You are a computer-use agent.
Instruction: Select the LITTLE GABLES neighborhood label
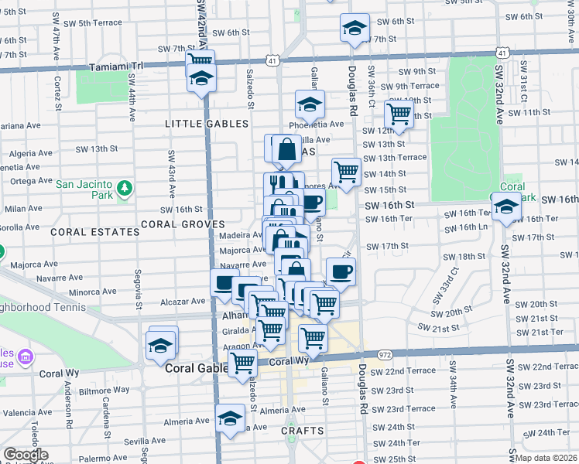pyautogui.click(x=207, y=124)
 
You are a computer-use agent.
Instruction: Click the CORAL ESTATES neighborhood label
pyautogui.click(x=84, y=231)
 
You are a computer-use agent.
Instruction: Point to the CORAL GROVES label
pyautogui.click(x=176, y=224)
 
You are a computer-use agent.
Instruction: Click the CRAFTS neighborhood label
pyautogui.click(x=301, y=429)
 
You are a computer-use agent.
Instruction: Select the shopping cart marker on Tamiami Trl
pyautogui.click(x=200, y=60)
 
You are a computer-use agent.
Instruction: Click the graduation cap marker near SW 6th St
pyautogui.click(x=355, y=29)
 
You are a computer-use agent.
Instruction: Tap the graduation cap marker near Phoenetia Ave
pyautogui.click(x=310, y=104)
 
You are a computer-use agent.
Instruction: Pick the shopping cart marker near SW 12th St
pyautogui.click(x=399, y=114)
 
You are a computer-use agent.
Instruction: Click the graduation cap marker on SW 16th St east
pyautogui.click(x=506, y=206)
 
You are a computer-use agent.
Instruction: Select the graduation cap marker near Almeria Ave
pyautogui.click(x=230, y=418)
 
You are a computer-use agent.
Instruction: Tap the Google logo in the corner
pyautogui.click(x=25, y=455)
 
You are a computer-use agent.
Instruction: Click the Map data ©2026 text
pyautogui.click(x=546, y=458)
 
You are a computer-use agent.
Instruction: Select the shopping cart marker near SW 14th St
pyautogui.click(x=346, y=172)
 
